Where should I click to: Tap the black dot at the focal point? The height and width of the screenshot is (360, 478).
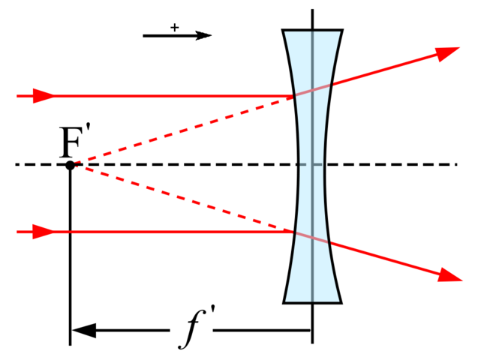(x=70, y=165)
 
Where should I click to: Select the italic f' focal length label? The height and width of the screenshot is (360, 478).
(x=197, y=327)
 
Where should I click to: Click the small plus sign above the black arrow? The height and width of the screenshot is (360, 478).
(x=174, y=28)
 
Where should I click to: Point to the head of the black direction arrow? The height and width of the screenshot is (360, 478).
(x=203, y=36)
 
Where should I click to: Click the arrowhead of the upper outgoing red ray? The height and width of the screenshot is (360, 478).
(x=447, y=53)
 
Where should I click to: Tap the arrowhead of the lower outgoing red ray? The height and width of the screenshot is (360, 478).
(x=450, y=275)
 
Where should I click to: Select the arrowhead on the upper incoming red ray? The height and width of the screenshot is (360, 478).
(x=43, y=96)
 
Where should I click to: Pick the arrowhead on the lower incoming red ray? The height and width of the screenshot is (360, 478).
(x=43, y=232)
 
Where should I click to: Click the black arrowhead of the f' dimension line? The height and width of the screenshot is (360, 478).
(x=84, y=330)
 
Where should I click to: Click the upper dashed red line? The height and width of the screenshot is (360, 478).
(x=183, y=130)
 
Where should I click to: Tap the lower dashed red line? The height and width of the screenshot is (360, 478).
(x=183, y=199)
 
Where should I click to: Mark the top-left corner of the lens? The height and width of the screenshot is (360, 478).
(x=283, y=30)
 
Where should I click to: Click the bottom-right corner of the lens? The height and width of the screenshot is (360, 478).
(x=341, y=303)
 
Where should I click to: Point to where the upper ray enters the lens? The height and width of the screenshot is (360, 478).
(x=294, y=96)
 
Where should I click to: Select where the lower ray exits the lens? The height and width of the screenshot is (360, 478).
(x=329, y=242)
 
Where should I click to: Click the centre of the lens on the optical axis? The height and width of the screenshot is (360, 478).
(x=312, y=164)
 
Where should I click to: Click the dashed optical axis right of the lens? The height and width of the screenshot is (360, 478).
(x=391, y=164)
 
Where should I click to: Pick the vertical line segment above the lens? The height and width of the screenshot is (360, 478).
(x=312, y=19)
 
